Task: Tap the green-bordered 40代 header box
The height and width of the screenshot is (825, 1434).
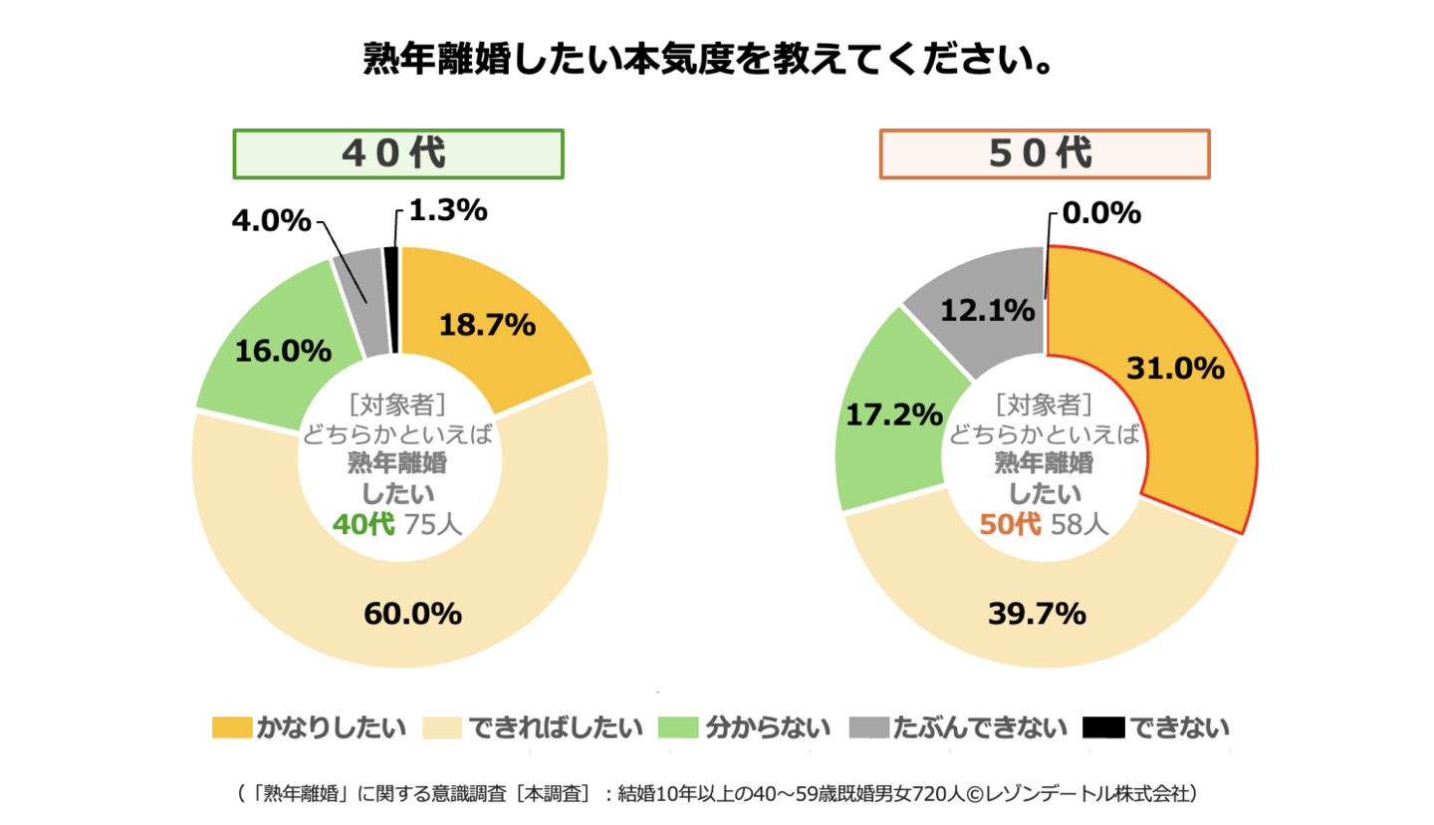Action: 398,154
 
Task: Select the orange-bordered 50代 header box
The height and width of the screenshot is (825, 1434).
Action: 1045,154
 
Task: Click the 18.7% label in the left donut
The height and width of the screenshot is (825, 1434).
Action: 488,324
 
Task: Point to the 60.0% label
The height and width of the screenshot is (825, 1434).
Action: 412,614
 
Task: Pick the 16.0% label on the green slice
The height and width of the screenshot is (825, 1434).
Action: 283,351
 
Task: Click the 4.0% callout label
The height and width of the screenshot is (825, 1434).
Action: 271,220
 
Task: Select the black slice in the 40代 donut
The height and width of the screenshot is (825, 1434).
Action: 391,299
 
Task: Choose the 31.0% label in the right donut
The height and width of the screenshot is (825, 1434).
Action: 1175,369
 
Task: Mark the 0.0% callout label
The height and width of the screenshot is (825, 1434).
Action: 1100,212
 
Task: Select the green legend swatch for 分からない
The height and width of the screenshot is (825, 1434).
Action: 681,727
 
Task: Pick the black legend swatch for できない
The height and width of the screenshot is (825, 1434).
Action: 1103,727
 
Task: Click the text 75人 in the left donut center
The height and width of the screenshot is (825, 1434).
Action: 433,523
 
